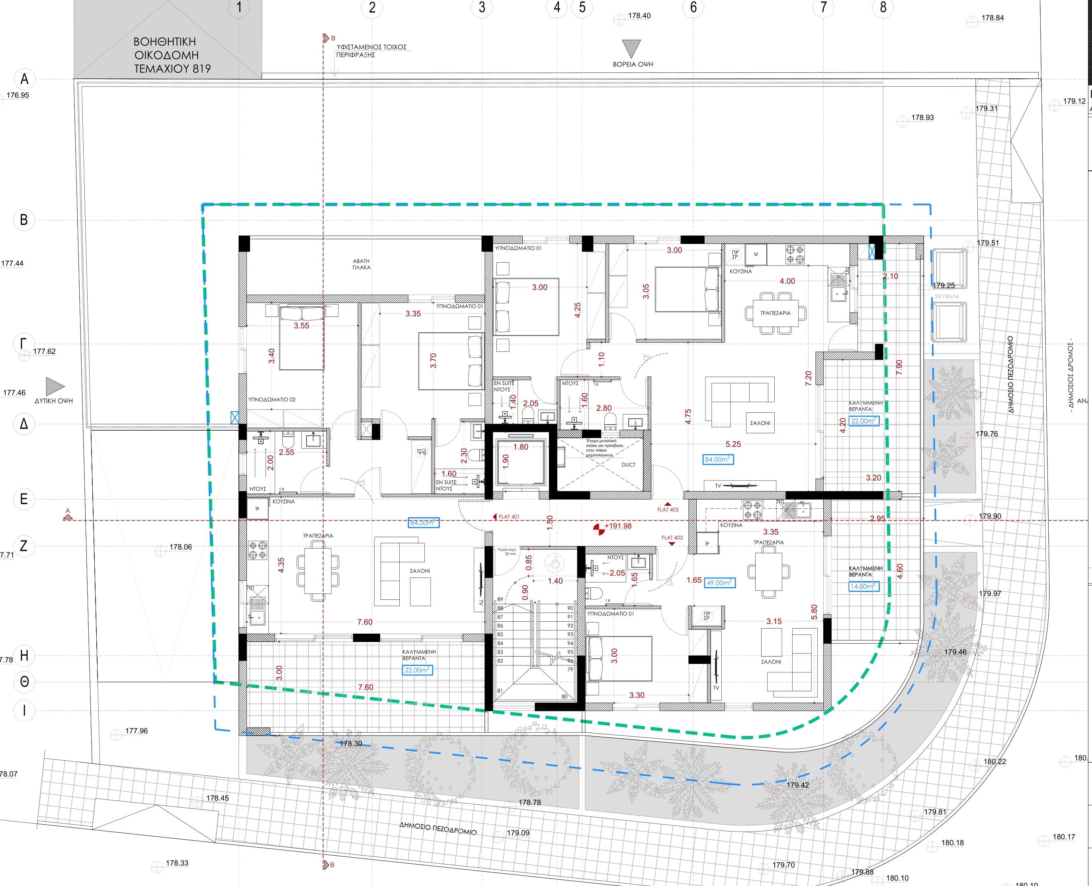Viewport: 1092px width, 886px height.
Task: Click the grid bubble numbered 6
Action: pyautogui.click(x=693, y=8)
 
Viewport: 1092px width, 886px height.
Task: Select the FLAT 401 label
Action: pyautogui.click(x=508, y=517)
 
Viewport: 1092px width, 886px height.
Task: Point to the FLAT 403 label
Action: pyautogui.click(x=668, y=509)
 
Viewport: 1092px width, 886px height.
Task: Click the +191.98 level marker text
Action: pyautogui.click(x=618, y=526)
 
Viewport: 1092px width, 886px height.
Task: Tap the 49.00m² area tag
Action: pyautogui.click(x=719, y=582)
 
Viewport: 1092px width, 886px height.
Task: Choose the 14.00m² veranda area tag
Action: pyautogui.click(x=862, y=586)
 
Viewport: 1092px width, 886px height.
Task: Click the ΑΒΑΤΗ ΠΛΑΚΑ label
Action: pyautogui.click(x=361, y=264)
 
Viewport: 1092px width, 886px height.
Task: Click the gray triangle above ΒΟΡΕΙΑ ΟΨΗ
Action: pyautogui.click(x=633, y=49)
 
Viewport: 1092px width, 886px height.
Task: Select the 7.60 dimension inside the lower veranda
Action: pyautogui.click(x=365, y=687)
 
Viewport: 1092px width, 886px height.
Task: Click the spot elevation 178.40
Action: pyautogui.click(x=639, y=16)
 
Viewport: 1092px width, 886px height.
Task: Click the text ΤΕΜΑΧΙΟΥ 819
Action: pyautogui.click(x=172, y=68)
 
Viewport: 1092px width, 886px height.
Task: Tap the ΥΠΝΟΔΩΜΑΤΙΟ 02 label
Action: pyautogui.click(x=272, y=400)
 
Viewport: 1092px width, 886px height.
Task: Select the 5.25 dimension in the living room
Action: pyautogui.click(x=733, y=444)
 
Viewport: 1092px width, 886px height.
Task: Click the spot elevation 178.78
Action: pyautogui.click(x=529, y=802)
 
